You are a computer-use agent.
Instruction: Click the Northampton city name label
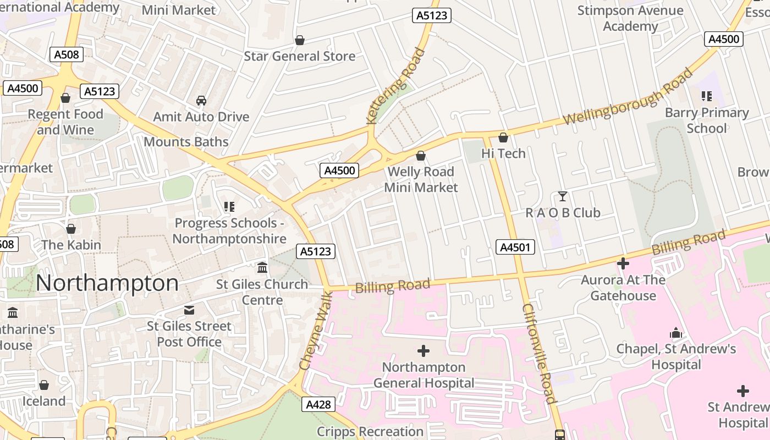click(107, 284)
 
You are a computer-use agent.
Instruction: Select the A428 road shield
click(318, 405)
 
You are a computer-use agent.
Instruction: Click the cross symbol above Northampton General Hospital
click(424, 350)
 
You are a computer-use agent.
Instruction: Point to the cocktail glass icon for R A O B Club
click(562, 196)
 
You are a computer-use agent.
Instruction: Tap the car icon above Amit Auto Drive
click(201, 101)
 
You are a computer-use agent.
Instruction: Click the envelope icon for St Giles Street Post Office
click(189, 310)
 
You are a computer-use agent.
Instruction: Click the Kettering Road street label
click(397, 85)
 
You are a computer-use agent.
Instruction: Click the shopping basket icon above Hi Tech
click(503, 137)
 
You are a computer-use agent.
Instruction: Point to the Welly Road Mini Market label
click(421, 179)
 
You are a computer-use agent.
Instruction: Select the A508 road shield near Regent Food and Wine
click(67, 54)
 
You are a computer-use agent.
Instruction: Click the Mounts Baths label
click(186, 142)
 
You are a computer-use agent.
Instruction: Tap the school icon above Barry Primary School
click(707, 96)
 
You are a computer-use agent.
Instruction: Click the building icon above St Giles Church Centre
click(262, 268)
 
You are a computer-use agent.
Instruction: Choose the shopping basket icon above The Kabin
click(70, 229)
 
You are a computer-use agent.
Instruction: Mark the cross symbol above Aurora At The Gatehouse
click(623, 264)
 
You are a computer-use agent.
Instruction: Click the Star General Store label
click(299, 56)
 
